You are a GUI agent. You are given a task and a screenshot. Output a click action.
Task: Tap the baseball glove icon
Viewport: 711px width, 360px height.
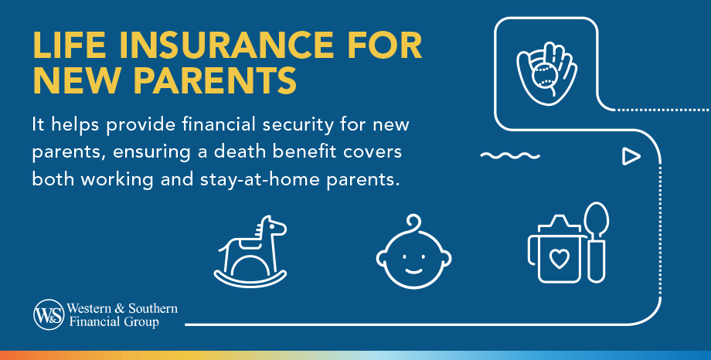547,76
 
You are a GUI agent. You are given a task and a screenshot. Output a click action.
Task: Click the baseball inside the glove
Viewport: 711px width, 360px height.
543,77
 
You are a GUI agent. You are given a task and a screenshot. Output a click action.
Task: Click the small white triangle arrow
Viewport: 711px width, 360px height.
631,157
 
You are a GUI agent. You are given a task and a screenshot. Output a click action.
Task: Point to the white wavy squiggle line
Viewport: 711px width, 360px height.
509,156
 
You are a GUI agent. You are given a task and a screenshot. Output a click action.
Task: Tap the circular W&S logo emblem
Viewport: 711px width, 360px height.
46,314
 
